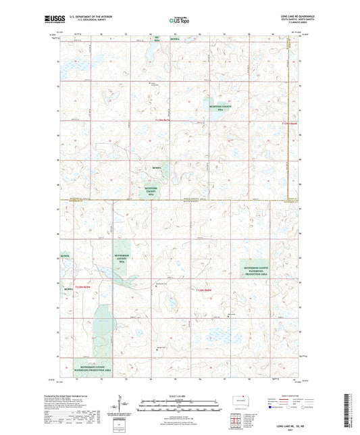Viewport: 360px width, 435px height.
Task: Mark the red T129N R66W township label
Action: pyautogui.click(x=288, y=124)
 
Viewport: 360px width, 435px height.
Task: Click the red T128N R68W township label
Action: pyautogui.click(x=83, y=289)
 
